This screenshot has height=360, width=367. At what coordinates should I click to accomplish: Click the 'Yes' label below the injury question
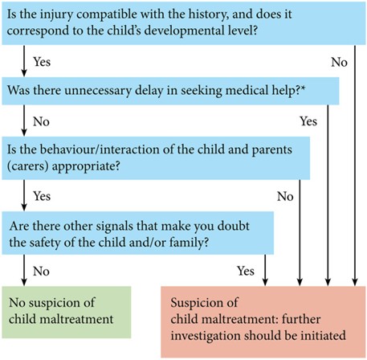pos(42,60)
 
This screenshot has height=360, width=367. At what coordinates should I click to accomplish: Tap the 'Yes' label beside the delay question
pos(308,121)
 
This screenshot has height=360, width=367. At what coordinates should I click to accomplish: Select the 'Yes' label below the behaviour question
pos(42,194)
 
